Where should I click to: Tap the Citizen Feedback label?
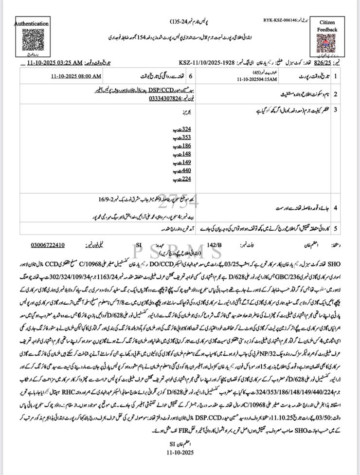click(x=327, y=26)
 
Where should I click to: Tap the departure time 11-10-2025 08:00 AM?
click(x=78, y=76)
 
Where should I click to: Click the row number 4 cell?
click(x=335, y=207)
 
